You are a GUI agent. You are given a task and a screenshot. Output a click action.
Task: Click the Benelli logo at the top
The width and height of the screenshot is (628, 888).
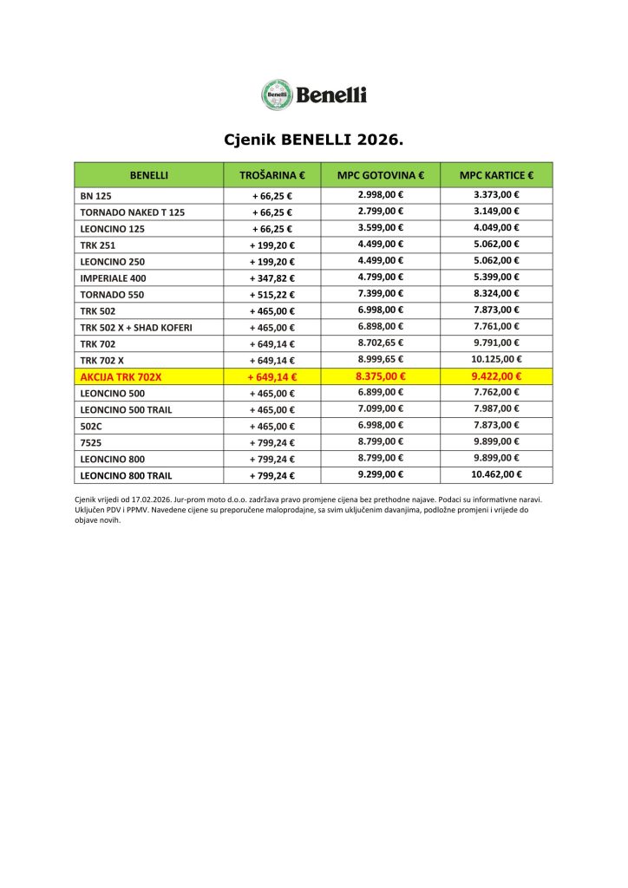pyautogui.click(x=314, y=95)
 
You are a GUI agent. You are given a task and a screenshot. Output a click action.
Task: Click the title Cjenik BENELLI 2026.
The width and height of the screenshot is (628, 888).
pyautogui.click(x=314, y=139)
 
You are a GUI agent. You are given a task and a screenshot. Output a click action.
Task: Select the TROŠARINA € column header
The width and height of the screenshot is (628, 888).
pyautogui.click(x=271, y=175)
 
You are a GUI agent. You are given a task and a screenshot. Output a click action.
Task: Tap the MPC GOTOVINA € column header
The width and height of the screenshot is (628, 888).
pyautogui.click(x=380, y=175)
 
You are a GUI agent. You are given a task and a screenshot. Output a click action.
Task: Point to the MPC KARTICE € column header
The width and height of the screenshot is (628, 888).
pyautogui.click(x=496, y=175)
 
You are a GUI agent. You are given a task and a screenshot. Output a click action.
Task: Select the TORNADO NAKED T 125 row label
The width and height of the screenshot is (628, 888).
pyautogui.click(x=132, y=212)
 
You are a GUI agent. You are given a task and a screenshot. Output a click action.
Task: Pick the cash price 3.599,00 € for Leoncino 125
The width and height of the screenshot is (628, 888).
pyautogui.click(x=380, y=228)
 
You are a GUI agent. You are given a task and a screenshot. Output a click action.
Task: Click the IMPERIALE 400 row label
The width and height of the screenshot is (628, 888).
pyautogui.click(x=113, y=278)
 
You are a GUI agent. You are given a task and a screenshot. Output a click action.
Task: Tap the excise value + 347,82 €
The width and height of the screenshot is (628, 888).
pyautogui.click(x=271, y=278)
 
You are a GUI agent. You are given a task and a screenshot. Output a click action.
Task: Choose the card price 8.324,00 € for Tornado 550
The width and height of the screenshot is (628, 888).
pyautogui.click(x=496, y=294)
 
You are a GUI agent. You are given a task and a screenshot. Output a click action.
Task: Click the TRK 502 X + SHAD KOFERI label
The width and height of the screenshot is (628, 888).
pyautogui.click(x=136, y=327)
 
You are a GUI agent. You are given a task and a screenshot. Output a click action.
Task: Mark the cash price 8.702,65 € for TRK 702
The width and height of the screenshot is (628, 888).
pyautogui.click(x=380, y=343)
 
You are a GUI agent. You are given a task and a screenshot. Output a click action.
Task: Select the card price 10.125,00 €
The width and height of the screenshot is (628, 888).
pyautogui.click(x=496, y=359)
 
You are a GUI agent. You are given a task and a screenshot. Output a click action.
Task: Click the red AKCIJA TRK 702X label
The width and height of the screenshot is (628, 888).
pyautogui.click(x=121, y=376)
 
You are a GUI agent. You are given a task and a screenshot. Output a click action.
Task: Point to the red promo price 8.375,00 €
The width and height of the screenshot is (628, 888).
pyautogui.click(x=380, y=376)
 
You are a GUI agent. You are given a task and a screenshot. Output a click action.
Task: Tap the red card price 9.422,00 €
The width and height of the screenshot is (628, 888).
pyautogui.click(x=496, y=376)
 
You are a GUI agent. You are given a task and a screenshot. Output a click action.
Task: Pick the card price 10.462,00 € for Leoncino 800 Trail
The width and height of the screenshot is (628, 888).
pyautogui.click(x=496, y=474)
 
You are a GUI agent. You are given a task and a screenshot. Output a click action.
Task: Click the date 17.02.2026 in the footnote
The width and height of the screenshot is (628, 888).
pyautogui.click(x=148, y=500)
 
